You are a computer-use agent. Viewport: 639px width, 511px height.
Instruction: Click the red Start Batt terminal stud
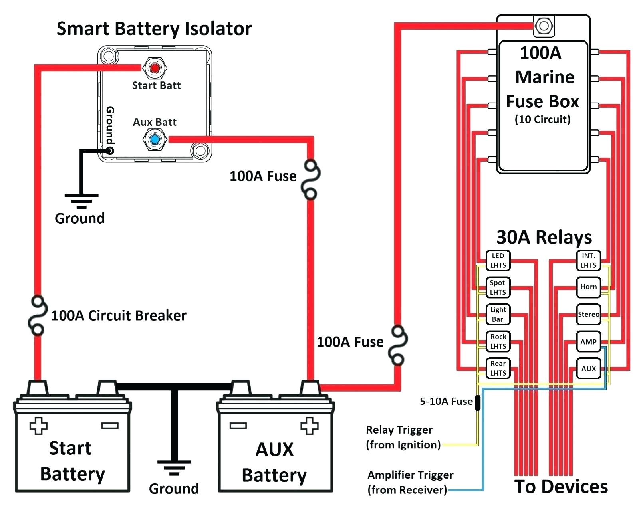pyautogui.click(x=155, y=68)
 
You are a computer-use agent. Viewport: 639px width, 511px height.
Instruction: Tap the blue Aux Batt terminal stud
pyautogui.click(x=155, y=139)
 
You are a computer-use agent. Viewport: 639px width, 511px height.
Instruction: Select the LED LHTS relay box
pyautogui.click(x=498, y=260)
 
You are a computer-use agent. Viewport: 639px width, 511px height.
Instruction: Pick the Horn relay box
pyautogui.click(x=588, y=287)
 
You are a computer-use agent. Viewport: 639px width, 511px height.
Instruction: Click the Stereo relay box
pyautogui.click(x=588, y=314)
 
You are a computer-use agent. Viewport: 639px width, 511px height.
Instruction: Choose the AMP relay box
pyautogui.click(x=588, y=342)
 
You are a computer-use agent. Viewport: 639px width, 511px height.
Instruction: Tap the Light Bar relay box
pyautogui.click(x=498, y=315)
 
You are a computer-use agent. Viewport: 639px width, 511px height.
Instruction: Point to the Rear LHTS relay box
pyautogui.click(x=498, y=368)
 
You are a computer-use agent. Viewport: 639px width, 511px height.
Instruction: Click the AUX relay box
pyautogui.click(x=588, y=368)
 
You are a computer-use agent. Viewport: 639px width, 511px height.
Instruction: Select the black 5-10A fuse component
pyautogui.click(x=477, y=402)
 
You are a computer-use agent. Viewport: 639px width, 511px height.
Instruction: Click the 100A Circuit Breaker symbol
pyautogui.click(x=37, y=315)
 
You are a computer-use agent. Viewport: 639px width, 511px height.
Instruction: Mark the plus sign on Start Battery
pyautogui.click(x=38, y=426)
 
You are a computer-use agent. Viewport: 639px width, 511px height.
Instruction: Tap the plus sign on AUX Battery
pyautogui.click(x=310, y=426)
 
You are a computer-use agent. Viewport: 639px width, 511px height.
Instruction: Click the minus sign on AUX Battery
pyautogui.click(x=238, y=426)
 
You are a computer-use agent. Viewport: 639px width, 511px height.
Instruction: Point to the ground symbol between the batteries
pyautogui.click(x=174, y=467)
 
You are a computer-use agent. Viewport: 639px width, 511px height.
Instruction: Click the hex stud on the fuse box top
pyautogui.click(x=544, y=26)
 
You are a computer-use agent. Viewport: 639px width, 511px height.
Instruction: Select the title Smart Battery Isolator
pyautogui.click(x=154, y=29)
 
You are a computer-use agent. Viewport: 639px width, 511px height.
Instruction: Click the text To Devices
pyautogui.click(x=561, y=487)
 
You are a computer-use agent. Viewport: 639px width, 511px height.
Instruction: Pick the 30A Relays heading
pyautogui.click(x=544, y=237)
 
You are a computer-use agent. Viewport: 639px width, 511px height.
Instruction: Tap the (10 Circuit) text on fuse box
pyautogui.click(x=542, y=119)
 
